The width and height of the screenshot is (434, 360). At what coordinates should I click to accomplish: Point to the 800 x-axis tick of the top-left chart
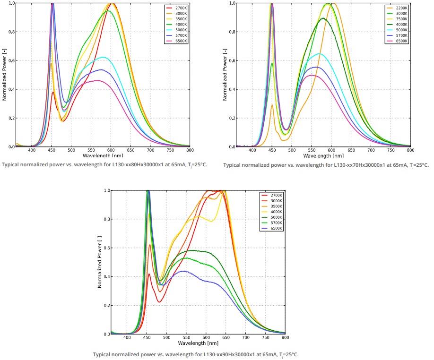189,150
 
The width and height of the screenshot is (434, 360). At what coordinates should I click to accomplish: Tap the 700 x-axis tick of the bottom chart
245,338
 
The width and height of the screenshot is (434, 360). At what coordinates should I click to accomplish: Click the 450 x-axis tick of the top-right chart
272,150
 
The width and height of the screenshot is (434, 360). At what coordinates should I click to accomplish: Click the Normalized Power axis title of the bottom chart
100,263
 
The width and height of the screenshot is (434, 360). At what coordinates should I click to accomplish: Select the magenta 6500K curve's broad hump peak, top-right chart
311,75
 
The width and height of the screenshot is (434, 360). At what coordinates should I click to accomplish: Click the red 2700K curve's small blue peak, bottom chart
149,274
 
